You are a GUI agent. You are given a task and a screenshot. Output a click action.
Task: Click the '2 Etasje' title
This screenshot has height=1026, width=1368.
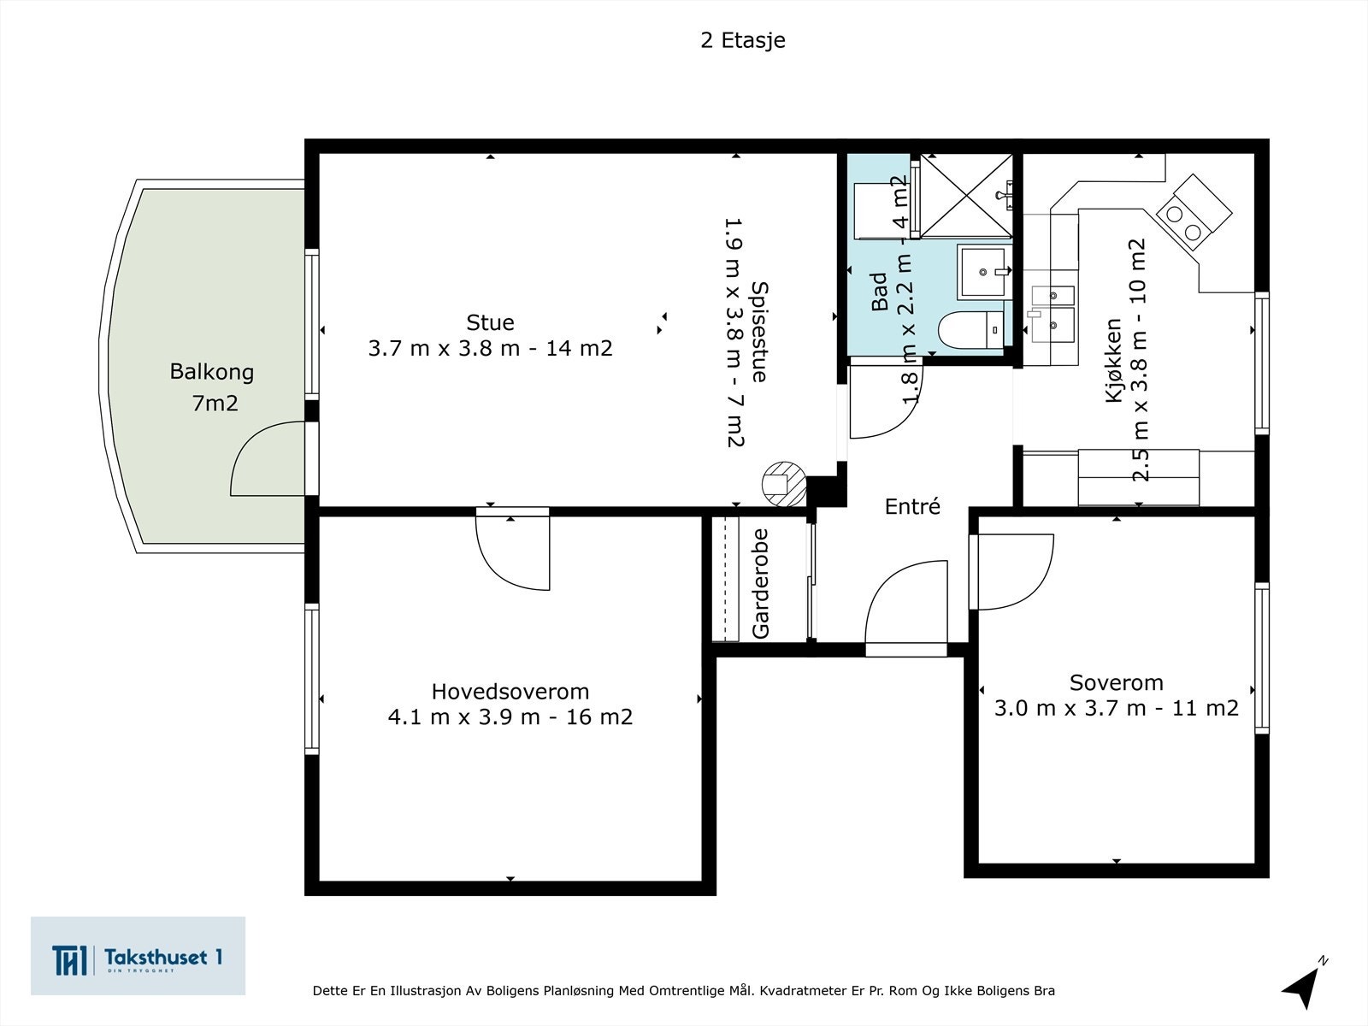742,40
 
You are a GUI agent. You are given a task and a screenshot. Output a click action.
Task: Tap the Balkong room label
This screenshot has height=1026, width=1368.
212,372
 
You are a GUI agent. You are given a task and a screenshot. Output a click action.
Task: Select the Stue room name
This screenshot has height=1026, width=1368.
490,322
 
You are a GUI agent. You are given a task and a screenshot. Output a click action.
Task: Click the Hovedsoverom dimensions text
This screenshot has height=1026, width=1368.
510,716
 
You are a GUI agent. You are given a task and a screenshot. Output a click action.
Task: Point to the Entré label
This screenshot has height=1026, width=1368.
912,506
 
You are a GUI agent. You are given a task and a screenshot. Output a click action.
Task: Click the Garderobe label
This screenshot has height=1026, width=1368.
760,583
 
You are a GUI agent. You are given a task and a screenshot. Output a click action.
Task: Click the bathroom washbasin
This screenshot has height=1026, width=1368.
983,271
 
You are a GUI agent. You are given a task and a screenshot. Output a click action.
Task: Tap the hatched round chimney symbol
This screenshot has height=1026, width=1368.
783,483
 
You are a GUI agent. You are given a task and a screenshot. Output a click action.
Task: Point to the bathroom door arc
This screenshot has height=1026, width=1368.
885,402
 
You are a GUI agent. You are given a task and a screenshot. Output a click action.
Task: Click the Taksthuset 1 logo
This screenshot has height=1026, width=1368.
138,956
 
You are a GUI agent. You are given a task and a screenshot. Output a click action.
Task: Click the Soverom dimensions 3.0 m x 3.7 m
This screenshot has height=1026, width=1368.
1116,708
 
